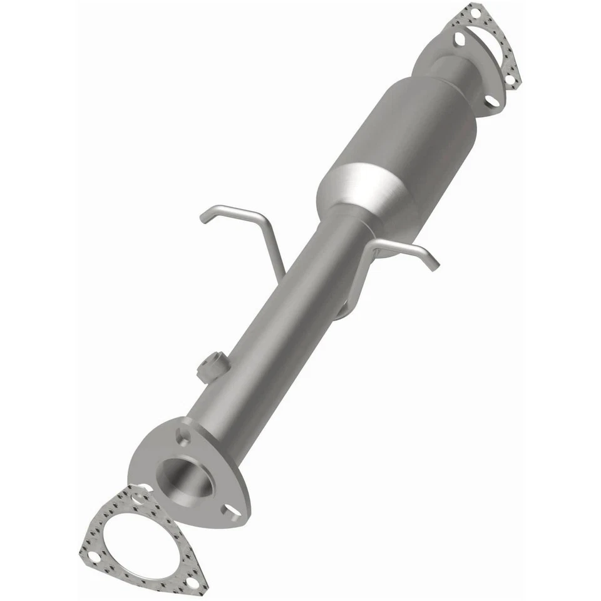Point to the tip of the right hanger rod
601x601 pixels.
coord(434,265)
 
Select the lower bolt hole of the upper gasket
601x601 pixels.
coord(510,80)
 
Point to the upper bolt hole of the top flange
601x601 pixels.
coord(460,38)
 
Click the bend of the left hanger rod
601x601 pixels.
coord(259,216)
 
